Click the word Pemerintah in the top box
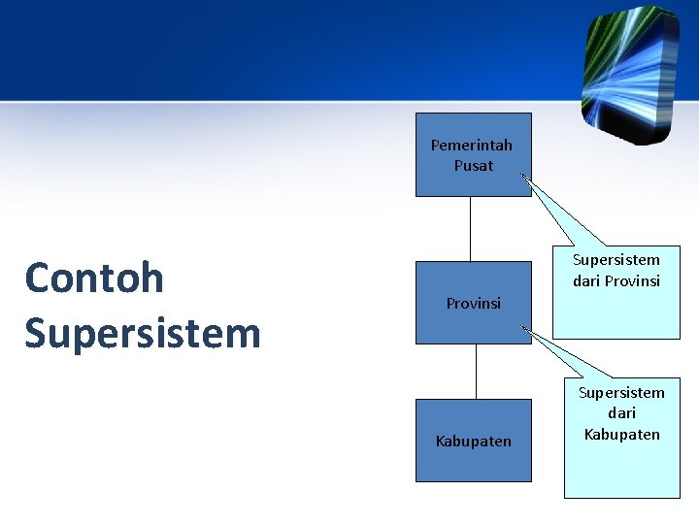tap(472, 146)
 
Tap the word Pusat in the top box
tap(473, 166)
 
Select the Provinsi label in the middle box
tap(473, 304)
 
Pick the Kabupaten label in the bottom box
tap(473, 442)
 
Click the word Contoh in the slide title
tap(94, 278)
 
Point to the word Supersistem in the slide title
tap(143, 334)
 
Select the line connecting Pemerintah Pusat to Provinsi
tap(471, 229)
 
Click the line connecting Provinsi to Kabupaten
tap(477, 372)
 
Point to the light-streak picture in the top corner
tap(628, 73)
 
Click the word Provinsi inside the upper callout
tap(632, 281)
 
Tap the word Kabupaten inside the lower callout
tap(621, 434)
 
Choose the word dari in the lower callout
tap(621, 413)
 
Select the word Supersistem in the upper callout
tap(616, 260)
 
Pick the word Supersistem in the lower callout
tap(621, 393)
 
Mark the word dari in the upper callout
tap(586, 281)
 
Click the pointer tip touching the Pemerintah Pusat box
tap(522, 176)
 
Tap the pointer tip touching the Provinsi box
tap(524, 328)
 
